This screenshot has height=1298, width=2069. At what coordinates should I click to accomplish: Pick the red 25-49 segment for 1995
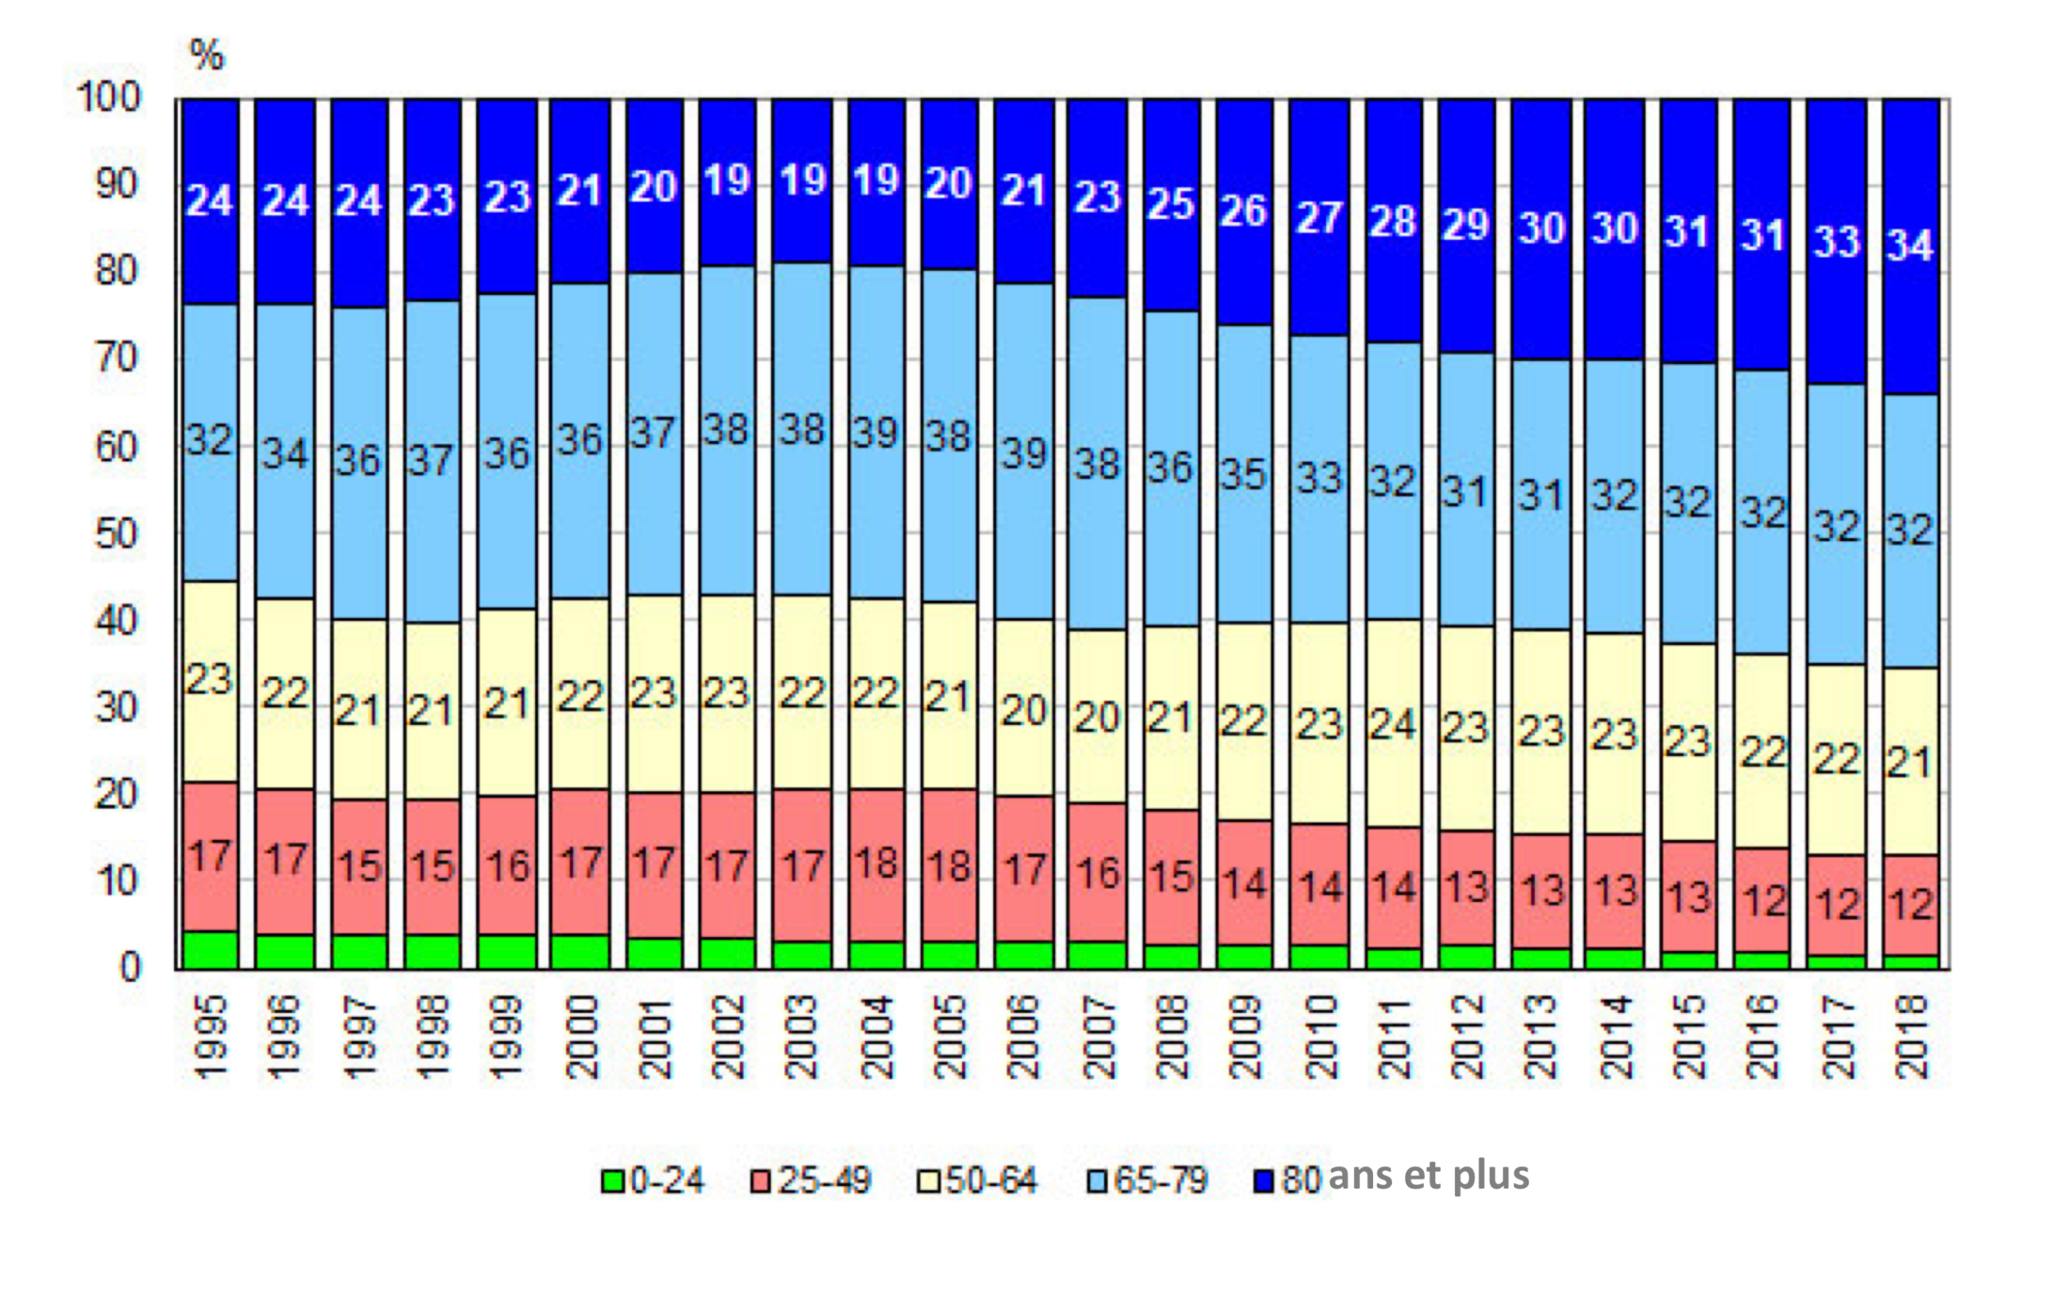209,894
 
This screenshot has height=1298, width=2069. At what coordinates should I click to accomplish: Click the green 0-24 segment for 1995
209,950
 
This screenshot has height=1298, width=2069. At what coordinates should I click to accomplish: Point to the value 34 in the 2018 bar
1910,245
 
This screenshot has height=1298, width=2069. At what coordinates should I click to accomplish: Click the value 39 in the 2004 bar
875,434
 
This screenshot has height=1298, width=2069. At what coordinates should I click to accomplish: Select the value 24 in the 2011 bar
1392,724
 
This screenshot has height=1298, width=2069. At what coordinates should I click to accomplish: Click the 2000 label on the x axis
582,1037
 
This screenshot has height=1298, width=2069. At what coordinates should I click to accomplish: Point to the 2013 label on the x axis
1540,1037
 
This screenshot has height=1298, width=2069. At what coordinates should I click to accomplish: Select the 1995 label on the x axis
211,1037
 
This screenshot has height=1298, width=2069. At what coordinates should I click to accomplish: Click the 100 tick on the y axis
108,97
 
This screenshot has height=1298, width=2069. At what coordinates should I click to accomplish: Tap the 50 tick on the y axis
116,534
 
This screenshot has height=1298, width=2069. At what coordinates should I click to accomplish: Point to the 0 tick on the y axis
130,968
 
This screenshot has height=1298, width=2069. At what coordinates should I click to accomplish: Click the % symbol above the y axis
207,55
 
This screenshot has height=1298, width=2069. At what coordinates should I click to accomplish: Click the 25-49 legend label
825,1180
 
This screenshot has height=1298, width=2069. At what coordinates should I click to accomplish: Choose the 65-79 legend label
1161,1180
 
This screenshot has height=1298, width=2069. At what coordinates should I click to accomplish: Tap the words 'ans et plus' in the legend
1429,1176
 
